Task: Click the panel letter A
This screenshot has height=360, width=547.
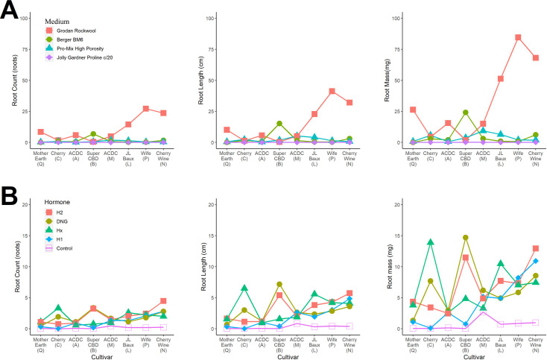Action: [x=10, y=13]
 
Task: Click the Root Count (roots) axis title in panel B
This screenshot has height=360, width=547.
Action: [x=17, y=265]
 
